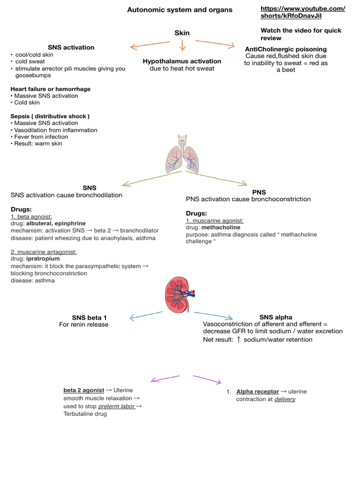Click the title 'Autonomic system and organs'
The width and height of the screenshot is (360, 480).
point(180,10)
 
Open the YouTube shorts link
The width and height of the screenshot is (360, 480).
point(303,12)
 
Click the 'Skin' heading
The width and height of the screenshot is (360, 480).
point(182,33)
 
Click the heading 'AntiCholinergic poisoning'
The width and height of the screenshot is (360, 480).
point(285,49)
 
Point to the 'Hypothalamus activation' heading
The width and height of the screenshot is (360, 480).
point(182,61)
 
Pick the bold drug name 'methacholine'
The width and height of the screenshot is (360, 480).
point(221,227)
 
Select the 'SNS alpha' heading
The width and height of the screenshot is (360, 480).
point(276,317)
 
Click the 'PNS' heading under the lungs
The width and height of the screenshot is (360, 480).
point(259,192)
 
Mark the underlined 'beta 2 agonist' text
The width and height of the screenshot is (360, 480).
point(84,390)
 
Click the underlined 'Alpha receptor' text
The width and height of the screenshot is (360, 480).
point(257,391)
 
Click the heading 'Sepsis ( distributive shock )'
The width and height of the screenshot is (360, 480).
point(50,116)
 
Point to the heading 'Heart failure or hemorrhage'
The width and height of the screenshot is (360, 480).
point(50,89)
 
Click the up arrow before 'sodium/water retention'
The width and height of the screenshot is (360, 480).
point(239,339)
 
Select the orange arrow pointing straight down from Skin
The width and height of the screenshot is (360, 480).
point(182,45)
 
